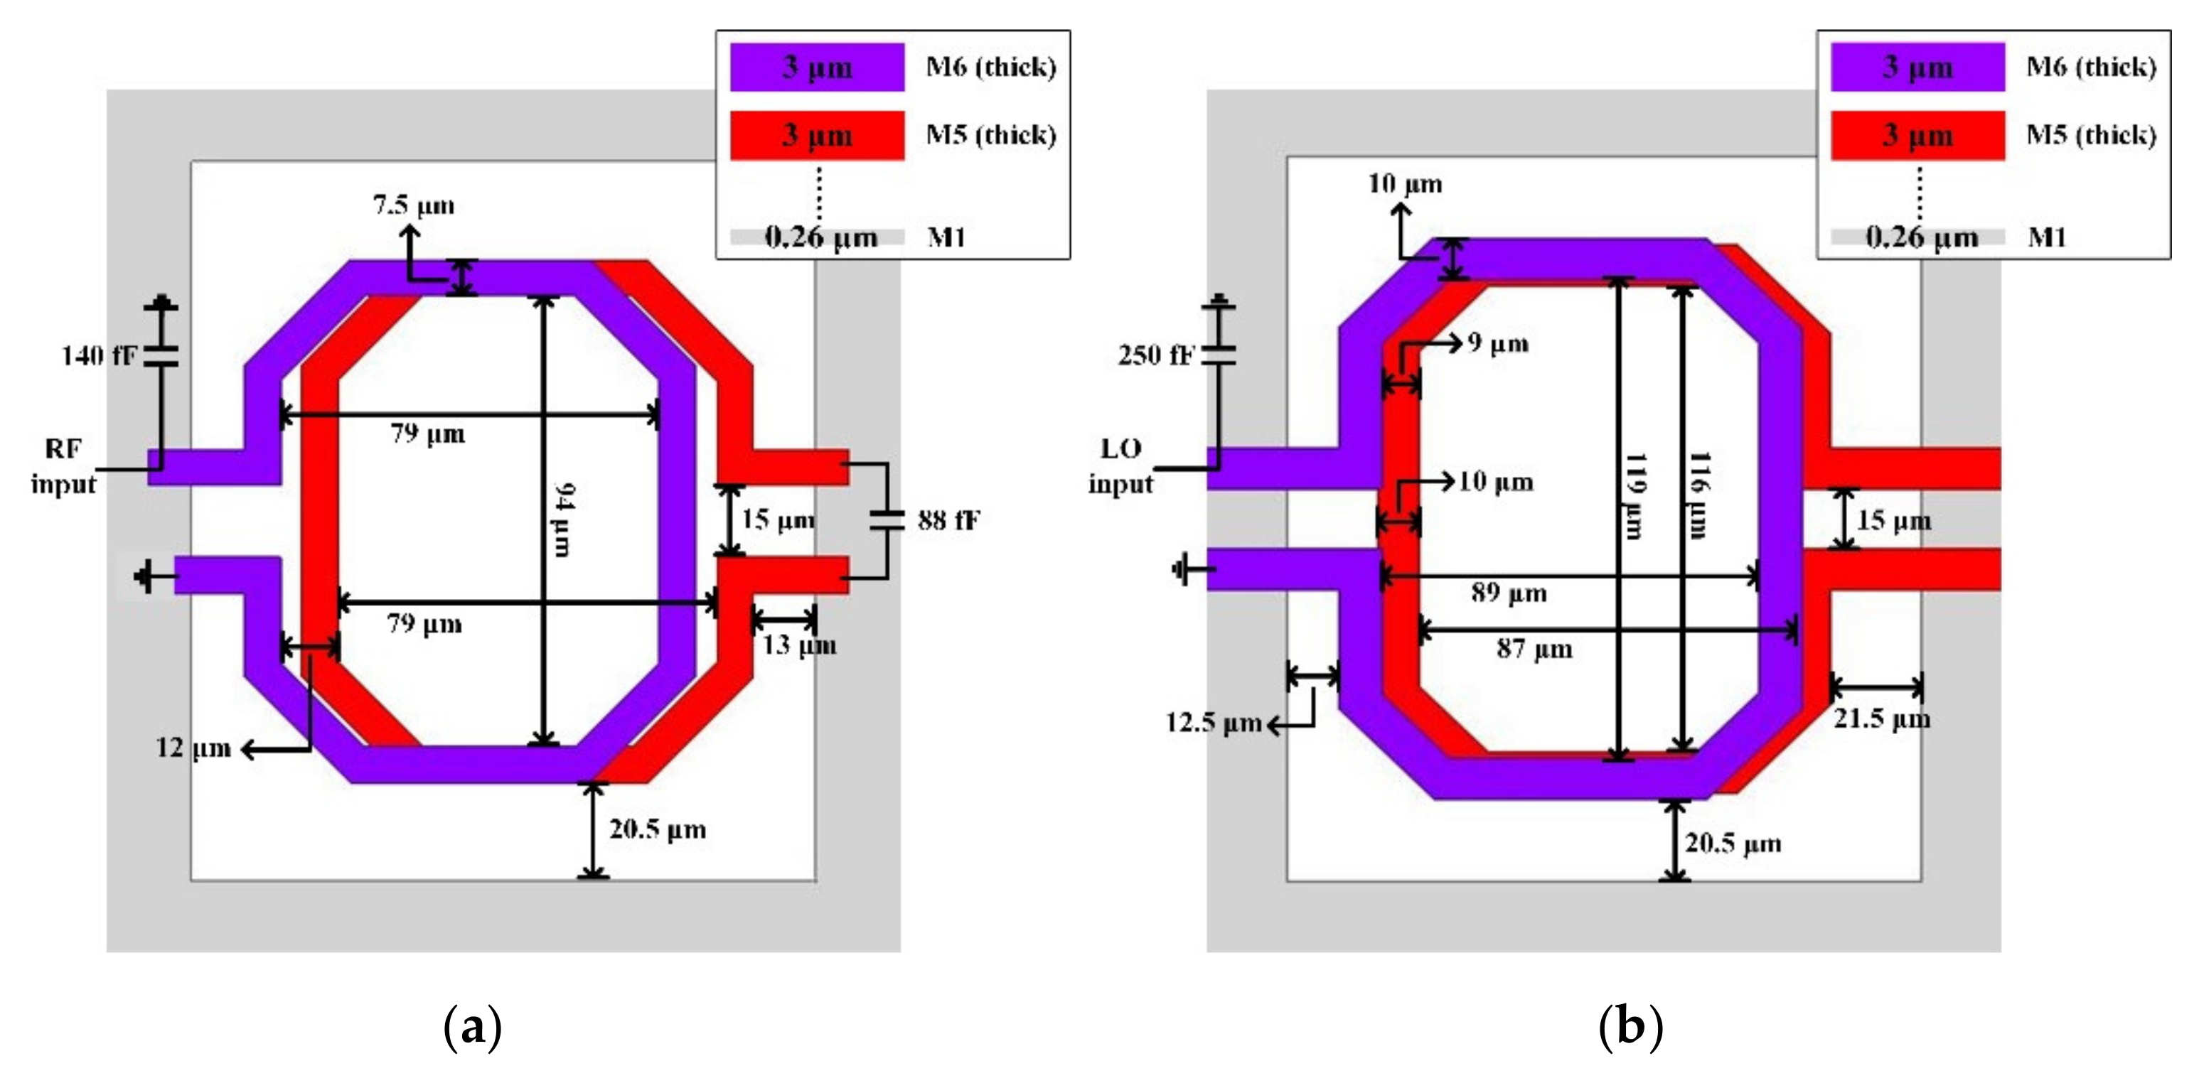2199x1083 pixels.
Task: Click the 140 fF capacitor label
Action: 98,355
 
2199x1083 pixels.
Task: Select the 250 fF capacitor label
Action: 1155,355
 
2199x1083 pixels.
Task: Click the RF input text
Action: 63,466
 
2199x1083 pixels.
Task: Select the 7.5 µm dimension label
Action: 413,205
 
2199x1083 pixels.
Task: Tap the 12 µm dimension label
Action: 193,748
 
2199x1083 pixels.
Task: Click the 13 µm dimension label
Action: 799,645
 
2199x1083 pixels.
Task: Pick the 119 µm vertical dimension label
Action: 1634,496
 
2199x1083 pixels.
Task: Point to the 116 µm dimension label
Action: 1698,496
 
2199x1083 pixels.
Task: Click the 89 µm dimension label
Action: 1509,592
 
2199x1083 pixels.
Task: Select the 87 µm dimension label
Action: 1534,650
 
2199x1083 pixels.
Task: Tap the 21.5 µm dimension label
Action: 1881,718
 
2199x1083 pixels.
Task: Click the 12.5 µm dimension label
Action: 1213,723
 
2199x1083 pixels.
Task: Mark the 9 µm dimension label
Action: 1498,343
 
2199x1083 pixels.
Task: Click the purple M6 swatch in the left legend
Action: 816,67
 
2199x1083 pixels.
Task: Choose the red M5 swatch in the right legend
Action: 1917,135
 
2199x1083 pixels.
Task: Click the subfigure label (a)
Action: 472,1028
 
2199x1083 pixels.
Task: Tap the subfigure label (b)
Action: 1630,1028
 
